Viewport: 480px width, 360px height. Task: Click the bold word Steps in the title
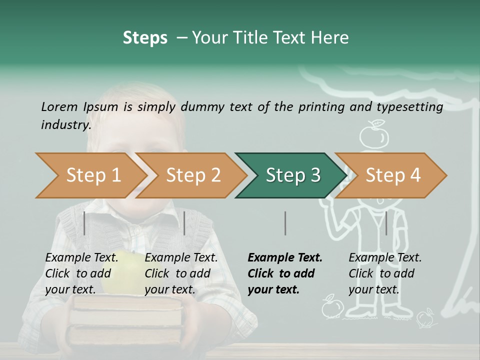click(145, 37)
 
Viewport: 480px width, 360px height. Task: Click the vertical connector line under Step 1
click(84, 223)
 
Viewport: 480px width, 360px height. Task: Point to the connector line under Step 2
click(184, 223)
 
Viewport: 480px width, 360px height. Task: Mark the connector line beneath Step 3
click(285, 223)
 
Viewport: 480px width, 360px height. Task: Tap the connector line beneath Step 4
click(386, 223)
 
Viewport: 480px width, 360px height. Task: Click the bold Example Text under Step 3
click(284, 273)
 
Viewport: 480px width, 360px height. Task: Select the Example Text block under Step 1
click(81, 273)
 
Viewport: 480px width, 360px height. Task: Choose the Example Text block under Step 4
click(384, 273)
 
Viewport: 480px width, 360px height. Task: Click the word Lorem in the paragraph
click(59, 106)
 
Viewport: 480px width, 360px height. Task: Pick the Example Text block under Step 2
click(181, 273)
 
